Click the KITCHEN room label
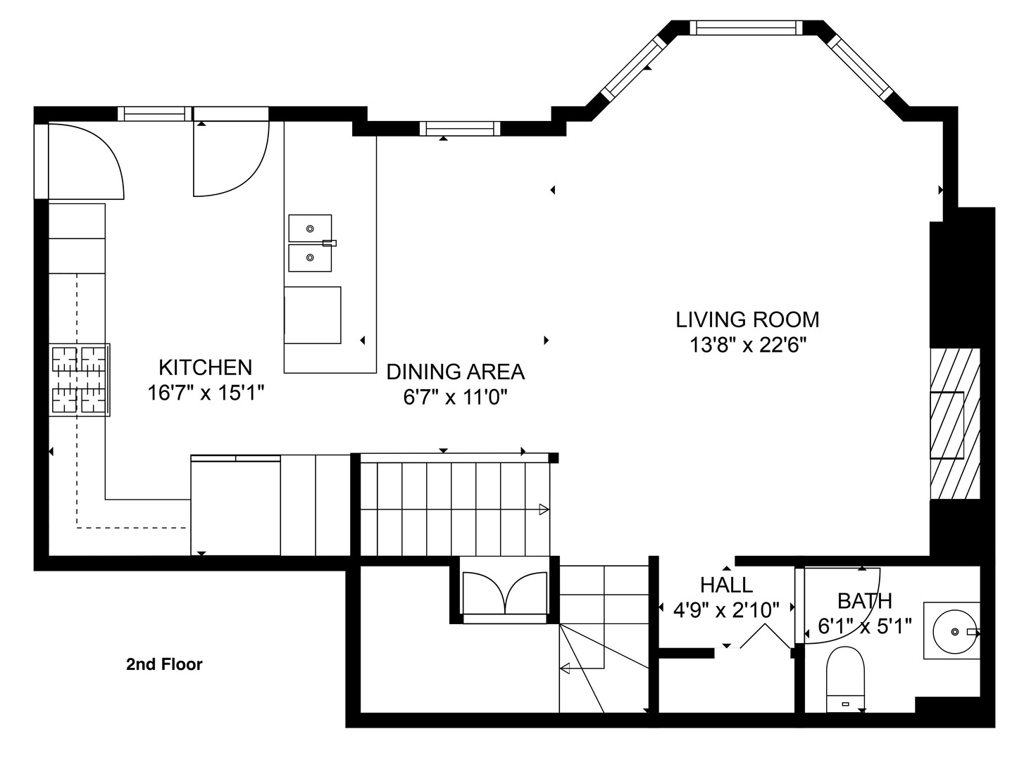pos(205,367)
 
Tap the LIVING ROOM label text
pos(747,319)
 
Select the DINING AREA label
pos(456,372)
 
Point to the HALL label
pos(726,585)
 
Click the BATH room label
pos(864,601)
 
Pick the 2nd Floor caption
pos(164,664)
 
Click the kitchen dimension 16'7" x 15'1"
pos(205,393)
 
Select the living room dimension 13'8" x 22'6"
pos(747,345)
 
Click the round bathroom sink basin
pos(951,631)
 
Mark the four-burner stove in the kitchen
pos(79,379)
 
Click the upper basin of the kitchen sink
pos(310,228)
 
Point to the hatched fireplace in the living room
pos(955,424)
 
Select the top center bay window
pos(746,27)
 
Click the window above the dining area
pos(459,128)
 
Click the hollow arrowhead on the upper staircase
pos(543,509)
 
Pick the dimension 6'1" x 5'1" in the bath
pos(864,625)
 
